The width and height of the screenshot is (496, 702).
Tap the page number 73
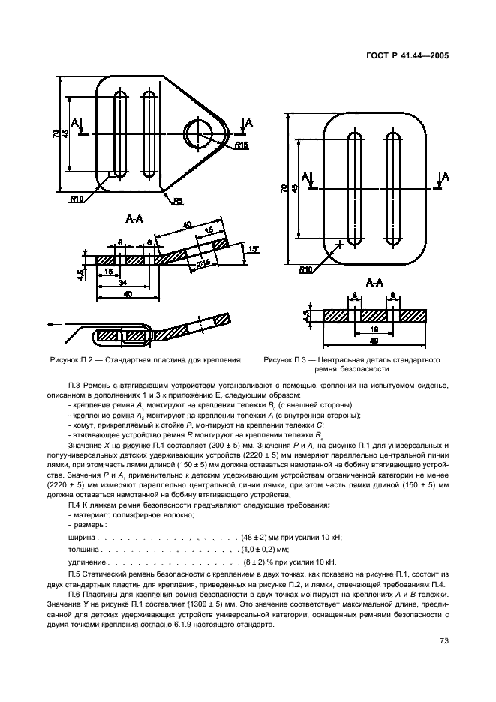point(433,640)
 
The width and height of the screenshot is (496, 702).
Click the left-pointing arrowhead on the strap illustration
point(51,325)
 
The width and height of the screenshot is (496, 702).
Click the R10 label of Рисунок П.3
point(306,269)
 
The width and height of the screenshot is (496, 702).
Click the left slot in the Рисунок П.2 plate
point(117,133)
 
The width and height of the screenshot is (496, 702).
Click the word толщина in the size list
point(82,550)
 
